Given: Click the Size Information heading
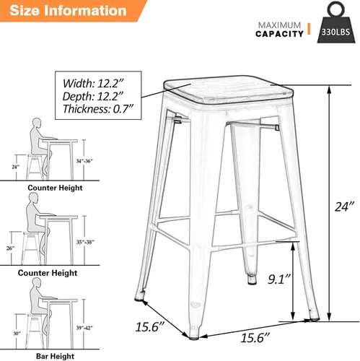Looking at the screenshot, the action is coord(68,11).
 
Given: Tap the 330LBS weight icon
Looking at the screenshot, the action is coord(336,22).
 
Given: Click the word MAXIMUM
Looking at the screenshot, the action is coord(279,25).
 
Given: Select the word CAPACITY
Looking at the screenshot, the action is coord(279,34).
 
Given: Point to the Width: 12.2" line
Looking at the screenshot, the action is coord(93,83).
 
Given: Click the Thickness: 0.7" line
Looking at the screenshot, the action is coord(98,109).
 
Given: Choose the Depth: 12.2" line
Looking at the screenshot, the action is coord(93,96).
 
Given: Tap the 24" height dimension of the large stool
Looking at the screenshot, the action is coord(344,206).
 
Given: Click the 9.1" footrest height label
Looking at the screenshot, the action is coord(279,279).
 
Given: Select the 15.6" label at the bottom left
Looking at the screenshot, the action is coord(150,327).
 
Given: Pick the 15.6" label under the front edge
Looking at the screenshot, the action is coord(255,337).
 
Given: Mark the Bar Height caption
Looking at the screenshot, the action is coord(55,356).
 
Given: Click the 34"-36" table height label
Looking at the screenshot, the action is coord(84,161).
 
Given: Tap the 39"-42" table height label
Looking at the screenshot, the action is coord(84,328).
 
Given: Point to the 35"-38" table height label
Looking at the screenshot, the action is coord(85,242).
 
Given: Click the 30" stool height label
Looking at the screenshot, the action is coord(17,334).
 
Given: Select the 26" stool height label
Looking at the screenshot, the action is coord(10,248).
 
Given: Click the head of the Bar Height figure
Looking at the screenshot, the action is coord(37,282).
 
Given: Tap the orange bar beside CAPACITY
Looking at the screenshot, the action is coord(309,29).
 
